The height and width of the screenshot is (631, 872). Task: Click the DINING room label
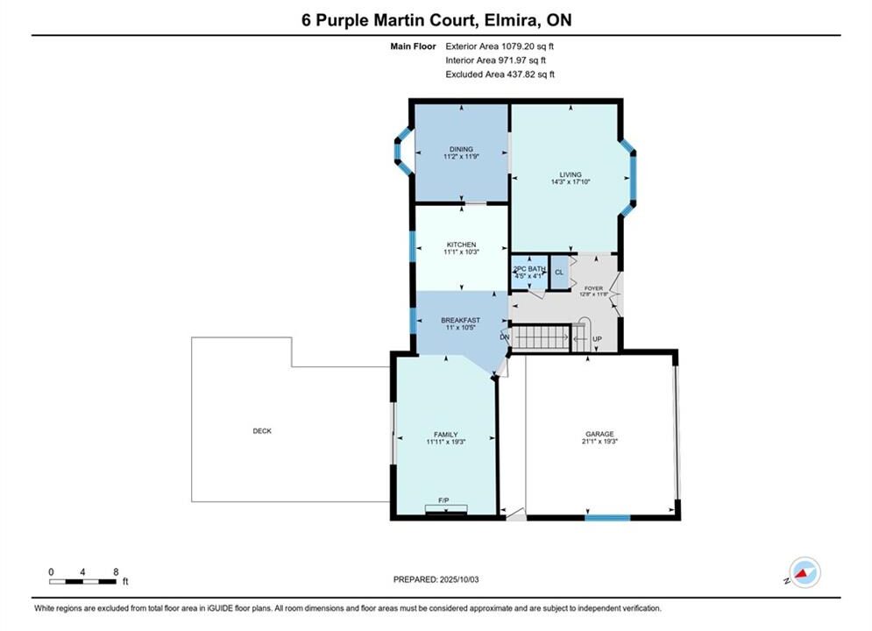461,149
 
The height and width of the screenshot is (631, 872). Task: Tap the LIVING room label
571,174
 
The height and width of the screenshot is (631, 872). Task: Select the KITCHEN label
462,245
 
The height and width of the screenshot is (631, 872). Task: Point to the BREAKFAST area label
460,320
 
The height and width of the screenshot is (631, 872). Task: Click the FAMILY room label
446,435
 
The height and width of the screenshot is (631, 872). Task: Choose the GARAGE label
599,434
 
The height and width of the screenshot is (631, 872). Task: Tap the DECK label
262,431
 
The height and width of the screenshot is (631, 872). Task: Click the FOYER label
594,288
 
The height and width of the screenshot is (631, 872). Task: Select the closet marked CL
559,273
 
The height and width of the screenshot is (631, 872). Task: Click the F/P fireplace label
443,500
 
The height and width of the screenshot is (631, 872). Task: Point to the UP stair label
598,339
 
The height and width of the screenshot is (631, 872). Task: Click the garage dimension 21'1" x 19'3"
600,442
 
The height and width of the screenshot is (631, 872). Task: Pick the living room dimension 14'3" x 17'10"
571,181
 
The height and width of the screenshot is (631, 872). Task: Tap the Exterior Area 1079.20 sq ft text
500,46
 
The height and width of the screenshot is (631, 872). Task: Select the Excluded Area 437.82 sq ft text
500,74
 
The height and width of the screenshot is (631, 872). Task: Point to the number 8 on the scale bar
116,572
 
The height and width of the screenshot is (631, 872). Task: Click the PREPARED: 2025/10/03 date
436,579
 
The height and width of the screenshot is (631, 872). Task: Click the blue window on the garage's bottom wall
607,518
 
